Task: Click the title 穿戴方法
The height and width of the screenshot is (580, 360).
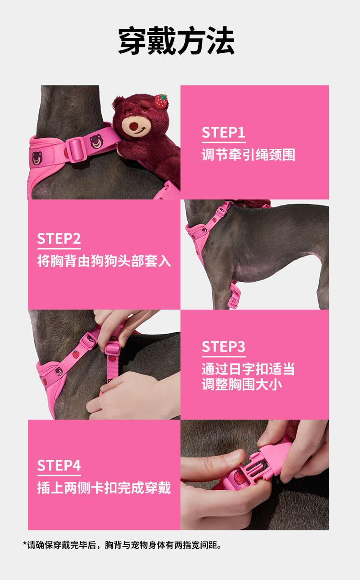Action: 176,40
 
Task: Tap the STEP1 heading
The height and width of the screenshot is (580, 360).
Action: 223,133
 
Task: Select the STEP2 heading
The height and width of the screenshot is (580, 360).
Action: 59,239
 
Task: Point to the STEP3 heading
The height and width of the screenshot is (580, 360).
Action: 223,347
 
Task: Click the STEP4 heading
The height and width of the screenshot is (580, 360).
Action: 59,465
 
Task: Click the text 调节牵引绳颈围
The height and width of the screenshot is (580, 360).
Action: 249,155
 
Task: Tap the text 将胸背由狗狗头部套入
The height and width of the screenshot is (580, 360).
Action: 104,261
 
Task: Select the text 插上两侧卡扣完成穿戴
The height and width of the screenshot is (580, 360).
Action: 104,488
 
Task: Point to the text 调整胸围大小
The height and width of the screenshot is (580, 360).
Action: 242,384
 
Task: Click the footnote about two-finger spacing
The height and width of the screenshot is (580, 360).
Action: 122,545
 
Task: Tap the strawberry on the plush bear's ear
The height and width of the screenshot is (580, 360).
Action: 161,101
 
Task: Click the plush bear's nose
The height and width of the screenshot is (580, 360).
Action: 133,126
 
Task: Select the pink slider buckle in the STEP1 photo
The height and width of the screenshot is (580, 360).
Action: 76,149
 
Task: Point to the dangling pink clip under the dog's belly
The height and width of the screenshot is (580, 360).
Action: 234,296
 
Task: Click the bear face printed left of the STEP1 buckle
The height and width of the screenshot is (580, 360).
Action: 37,158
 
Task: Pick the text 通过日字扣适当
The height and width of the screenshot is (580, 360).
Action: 249,369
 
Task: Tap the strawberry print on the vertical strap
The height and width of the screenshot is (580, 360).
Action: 112,358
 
